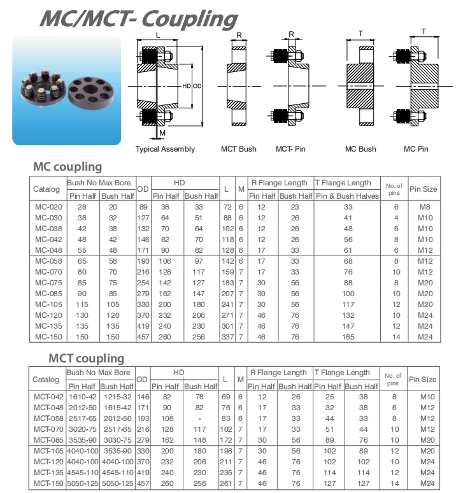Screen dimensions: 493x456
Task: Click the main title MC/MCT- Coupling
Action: (138, 18)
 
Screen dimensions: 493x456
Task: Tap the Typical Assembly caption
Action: (165, 149)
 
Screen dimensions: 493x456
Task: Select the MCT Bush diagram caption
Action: (239, 149)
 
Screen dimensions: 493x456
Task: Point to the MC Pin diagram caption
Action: (417, 149)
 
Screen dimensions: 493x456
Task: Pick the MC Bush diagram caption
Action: (360, 149)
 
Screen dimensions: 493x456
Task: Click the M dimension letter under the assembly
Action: (162, 132)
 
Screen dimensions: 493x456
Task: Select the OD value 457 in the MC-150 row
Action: (143, 337)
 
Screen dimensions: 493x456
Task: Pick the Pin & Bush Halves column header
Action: (348, 196)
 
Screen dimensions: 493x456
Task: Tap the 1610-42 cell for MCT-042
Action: (83, 396)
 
